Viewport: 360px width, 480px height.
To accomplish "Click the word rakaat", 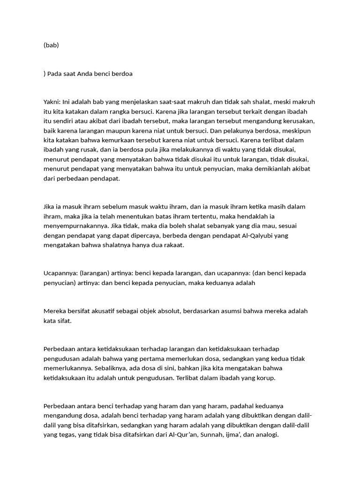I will pos(175,244).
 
